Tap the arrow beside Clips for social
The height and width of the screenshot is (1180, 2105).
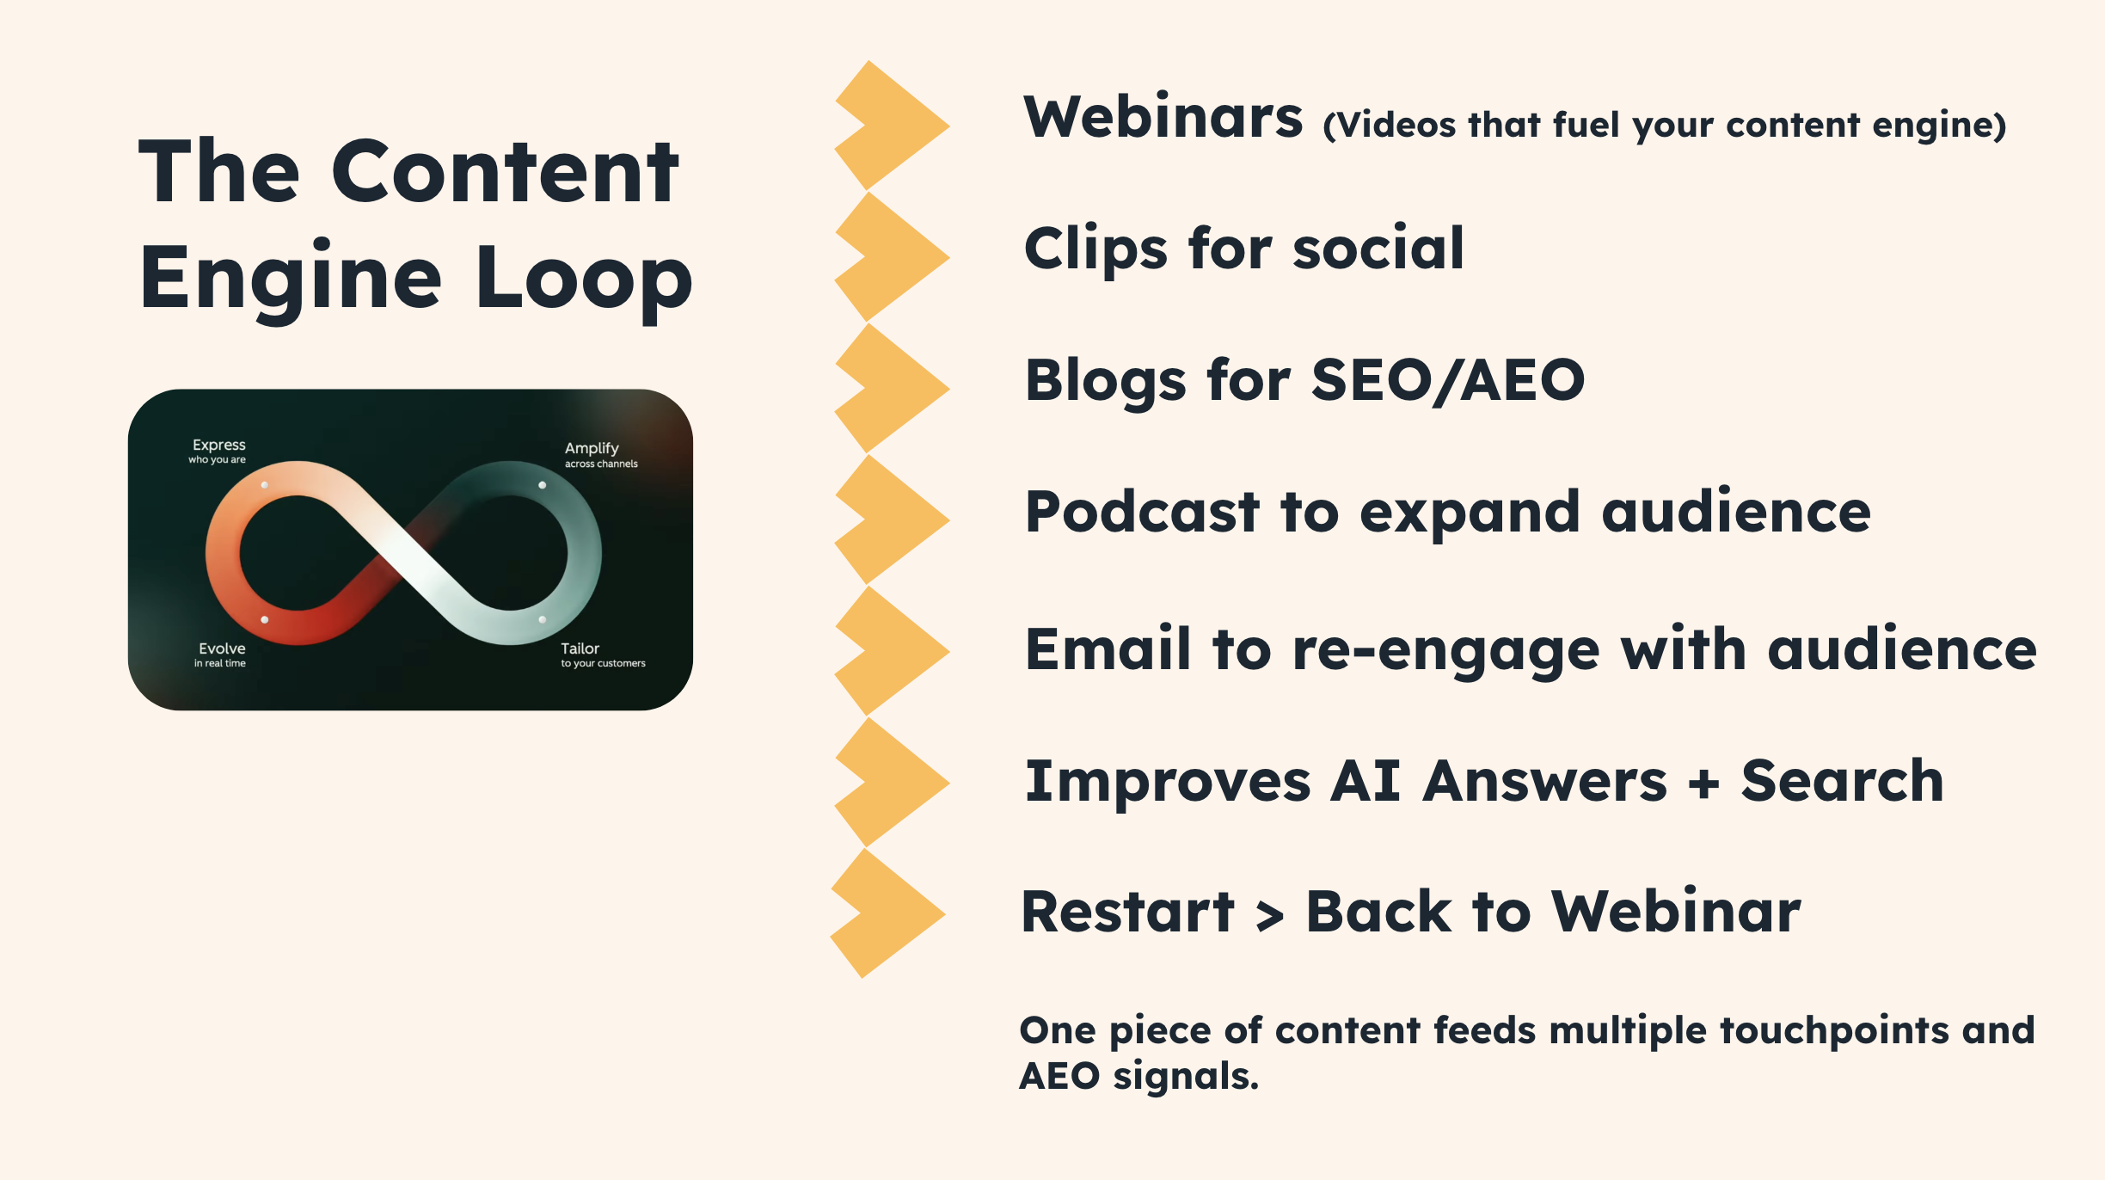point(894,256)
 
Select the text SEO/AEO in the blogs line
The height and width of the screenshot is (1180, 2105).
point(1447,380)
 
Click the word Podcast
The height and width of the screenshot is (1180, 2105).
point(1142,512)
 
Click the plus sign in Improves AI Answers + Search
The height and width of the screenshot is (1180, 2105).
point(1703,784)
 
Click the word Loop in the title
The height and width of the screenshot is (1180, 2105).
point(583,278)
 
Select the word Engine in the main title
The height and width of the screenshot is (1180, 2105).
point(291,278)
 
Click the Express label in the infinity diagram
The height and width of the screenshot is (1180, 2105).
point(218,446)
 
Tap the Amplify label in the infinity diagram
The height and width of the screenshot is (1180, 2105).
point(592,448)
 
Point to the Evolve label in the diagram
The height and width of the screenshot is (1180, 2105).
point(222,648)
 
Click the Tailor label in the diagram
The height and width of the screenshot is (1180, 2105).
point(580,648)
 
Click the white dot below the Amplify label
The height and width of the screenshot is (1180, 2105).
point(542,485)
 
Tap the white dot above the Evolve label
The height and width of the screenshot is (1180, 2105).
point(264,619)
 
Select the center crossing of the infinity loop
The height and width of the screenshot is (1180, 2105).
point(403,552)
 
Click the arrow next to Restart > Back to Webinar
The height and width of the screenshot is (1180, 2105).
point(889,913)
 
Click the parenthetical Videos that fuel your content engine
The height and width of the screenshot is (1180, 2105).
point(1664,126)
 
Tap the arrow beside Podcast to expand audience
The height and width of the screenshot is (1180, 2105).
point(894,519)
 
